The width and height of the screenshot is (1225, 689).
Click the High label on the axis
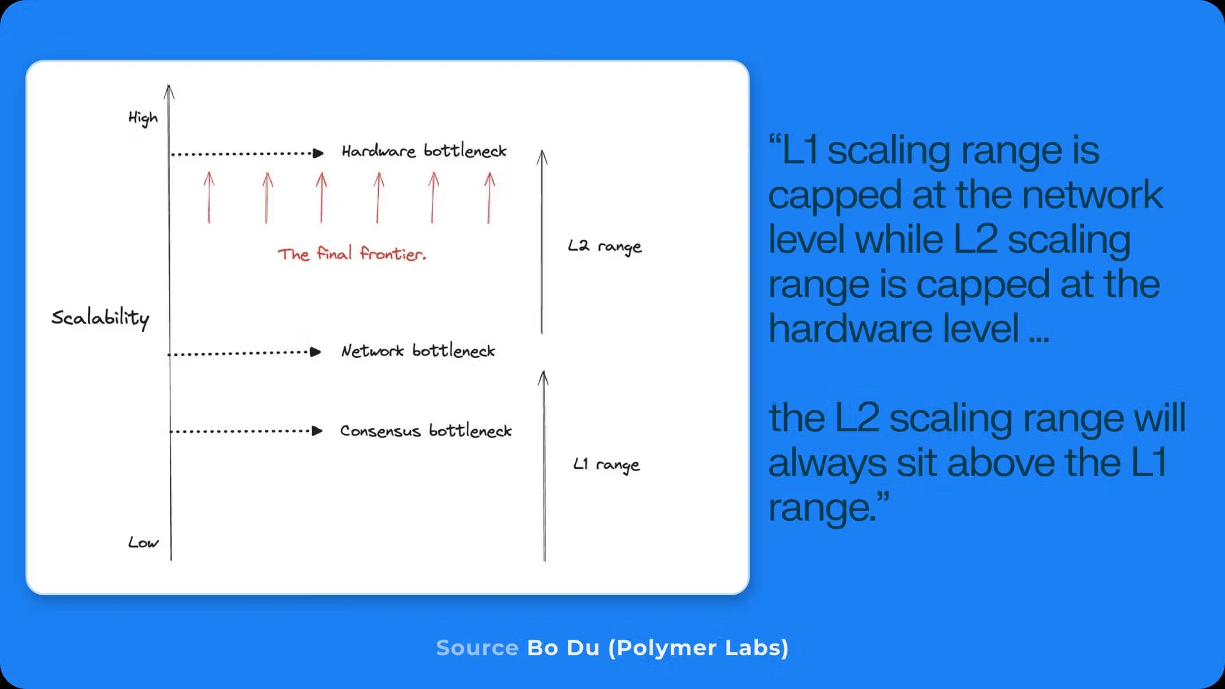142,118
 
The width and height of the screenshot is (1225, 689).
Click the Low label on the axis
143,542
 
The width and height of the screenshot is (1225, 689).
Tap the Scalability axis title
100,318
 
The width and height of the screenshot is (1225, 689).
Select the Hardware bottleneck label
424,151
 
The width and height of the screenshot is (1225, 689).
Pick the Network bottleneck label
418,351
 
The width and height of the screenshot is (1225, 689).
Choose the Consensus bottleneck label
425,431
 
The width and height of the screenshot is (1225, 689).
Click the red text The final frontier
352,253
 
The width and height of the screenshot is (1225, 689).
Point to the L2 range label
604,246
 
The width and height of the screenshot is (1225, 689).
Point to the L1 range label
606,464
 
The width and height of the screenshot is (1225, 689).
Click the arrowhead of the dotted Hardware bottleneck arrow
318,153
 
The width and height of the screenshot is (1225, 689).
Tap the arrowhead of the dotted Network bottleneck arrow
315,352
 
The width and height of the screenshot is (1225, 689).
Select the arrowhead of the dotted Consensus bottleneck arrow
317,431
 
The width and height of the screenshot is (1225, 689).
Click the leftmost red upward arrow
209,197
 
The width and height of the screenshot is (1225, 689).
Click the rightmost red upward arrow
489,197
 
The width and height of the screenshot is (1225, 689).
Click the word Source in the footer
477,648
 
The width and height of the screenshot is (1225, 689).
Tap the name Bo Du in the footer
563,648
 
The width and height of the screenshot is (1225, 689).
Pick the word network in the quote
1092,194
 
